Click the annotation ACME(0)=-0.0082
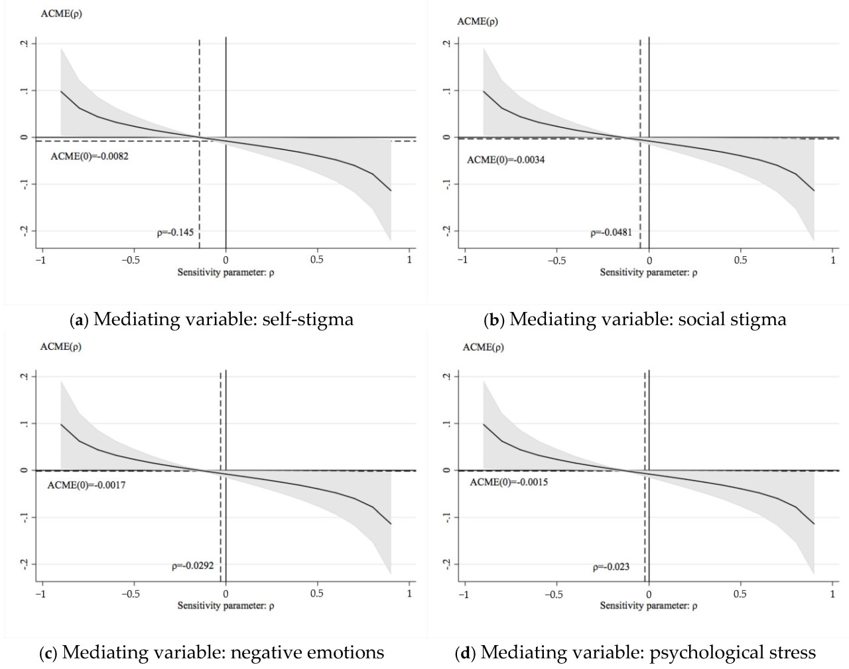(90, 157)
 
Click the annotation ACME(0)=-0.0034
(505, 160)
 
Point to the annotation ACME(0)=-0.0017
(86, 485)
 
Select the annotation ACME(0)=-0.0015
(509, 482)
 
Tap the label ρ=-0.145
(175, 232)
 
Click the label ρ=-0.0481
(611, 232)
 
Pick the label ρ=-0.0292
(192, 565)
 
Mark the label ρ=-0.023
(611, 567)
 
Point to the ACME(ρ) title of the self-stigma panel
(61, 13)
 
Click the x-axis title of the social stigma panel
(648, 272)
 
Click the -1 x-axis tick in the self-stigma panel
(41, 260)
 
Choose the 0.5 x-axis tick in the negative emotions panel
(317, 593)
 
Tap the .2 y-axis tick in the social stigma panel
(447, 43)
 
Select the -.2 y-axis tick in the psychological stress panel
(447, 564)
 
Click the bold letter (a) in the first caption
(80, 320)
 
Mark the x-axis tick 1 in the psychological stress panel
(832, 594)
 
